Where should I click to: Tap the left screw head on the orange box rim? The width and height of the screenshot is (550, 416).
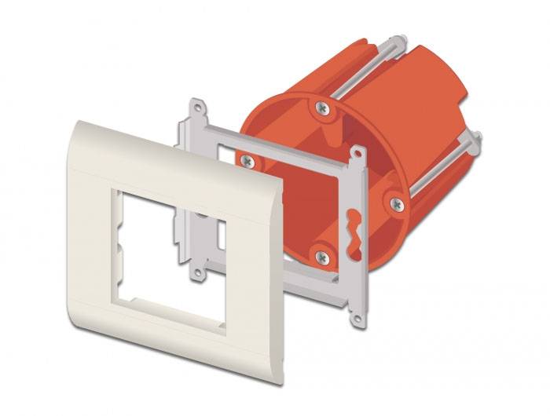point(247,160)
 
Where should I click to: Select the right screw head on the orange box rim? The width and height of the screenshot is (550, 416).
point(398,204)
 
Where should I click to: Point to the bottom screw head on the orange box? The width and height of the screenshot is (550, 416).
point(321,255)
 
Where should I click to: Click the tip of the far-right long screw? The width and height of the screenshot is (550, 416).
point(477,137)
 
